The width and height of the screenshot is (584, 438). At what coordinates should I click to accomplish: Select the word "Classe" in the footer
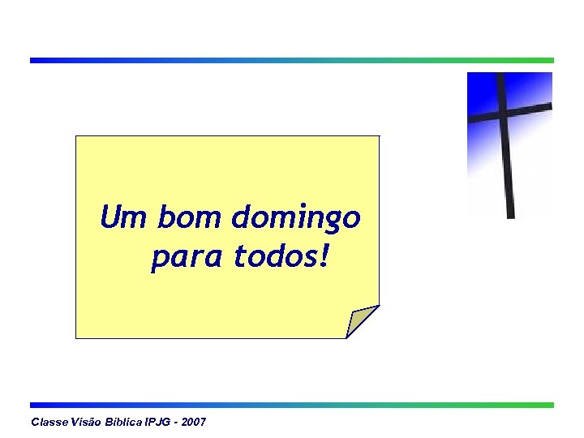[x=47, y=423]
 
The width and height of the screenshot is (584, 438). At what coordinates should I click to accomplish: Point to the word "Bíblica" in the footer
[x=123, y=423]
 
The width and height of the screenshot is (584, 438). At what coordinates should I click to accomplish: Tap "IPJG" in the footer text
[x=160, y=423]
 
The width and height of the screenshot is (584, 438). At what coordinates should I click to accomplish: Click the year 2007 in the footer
[x=194, y=423]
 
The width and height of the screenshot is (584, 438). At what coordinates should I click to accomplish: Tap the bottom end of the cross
[x=510, y=214]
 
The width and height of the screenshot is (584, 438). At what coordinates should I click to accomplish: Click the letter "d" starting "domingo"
[x=241, y=217]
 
